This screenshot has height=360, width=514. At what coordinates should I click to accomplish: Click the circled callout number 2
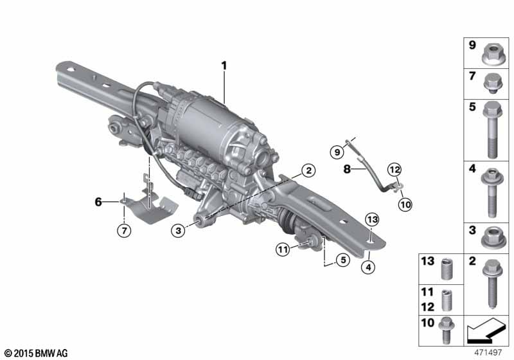coord(308,170)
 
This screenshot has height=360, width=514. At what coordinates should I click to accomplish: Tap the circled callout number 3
coord(178,231)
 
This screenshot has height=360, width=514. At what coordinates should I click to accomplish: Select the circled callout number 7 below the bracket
coord(124,231)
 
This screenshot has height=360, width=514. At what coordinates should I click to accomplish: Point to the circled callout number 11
coord(283,250)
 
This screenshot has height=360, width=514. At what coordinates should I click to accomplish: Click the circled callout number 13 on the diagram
coord(372,219)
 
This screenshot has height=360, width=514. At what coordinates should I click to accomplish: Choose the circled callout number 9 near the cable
coord(337,152)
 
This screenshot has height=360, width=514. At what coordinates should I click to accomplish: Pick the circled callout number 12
coord(394,170)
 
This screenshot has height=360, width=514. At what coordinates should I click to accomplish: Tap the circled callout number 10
coord(405,205)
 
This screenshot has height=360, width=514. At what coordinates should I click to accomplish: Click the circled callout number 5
coord(343,260)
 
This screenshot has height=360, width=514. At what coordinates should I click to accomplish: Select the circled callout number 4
coord(368,267)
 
